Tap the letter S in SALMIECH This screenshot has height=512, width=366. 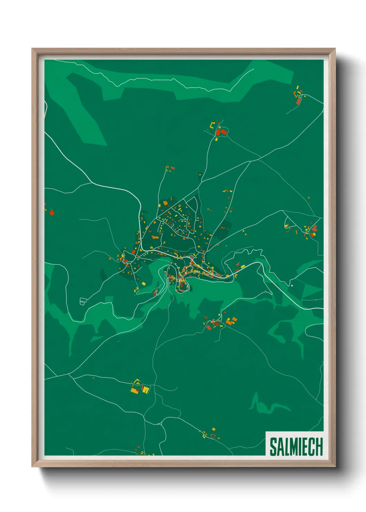pos(273,447)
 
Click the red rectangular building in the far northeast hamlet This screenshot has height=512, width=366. pos(299,101)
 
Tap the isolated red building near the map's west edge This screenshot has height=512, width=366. pos(52,212)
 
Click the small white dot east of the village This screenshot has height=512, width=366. pos(292,285)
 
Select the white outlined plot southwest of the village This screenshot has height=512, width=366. pos(83,301)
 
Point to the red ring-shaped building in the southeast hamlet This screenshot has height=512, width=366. pos(217,323)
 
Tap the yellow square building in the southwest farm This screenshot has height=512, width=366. pos(146,390)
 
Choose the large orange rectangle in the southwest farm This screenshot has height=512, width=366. pos(134,390)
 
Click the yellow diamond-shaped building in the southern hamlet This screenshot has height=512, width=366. pos(213,429)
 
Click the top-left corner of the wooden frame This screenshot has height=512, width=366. pos(32,49)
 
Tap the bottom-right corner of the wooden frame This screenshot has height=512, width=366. pos(335,466)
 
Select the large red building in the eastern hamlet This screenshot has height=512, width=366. pos(314,228)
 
